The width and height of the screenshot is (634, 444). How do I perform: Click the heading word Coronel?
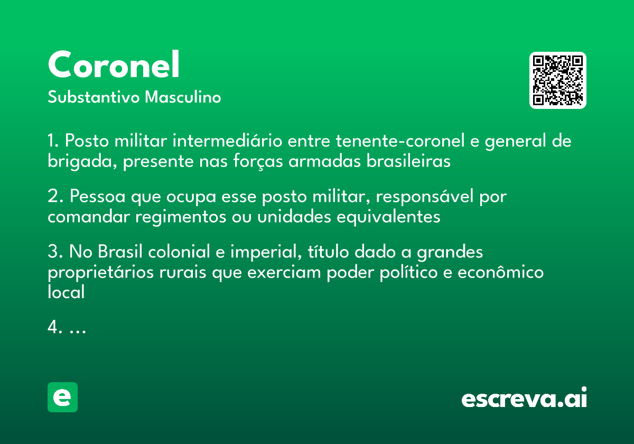click(114, 65)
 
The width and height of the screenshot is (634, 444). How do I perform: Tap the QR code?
click(558, 80)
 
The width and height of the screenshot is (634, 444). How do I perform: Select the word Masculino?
click(183, 98)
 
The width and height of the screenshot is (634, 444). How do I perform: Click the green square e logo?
click(62, 397)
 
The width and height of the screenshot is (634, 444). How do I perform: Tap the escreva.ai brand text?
click(524, 399)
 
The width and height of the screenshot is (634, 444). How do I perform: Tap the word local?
click(66, 292)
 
